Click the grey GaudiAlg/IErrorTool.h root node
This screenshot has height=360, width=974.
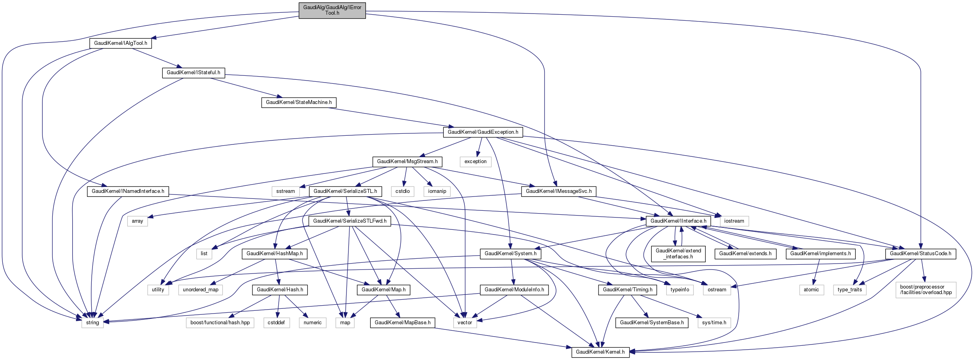pos(332,10)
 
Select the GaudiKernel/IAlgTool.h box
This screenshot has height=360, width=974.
pos(121,43)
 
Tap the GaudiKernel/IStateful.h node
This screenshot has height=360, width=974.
pos(193,73)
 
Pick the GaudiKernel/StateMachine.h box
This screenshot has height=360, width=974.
pos(299,102)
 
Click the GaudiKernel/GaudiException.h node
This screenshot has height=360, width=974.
pos(483,132)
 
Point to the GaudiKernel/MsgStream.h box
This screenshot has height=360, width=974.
pos(407,162)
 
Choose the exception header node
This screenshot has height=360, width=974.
pos(475,162)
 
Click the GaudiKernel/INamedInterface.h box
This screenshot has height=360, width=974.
pos(128,191)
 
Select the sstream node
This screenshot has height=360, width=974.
pos(286,191)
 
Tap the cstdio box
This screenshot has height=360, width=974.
pos(402,191)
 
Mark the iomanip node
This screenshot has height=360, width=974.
pos(437,191)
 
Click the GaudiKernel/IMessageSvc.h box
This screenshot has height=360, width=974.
pos(558,191)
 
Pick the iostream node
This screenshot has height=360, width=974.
pos(734,221)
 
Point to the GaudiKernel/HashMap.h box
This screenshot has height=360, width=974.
pos(275,254)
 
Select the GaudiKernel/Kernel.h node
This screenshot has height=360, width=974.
pos(600,352)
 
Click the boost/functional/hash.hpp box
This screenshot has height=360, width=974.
pos(220,323)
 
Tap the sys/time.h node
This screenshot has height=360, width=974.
pos(714,323)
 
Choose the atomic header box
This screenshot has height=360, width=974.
pos(811,290)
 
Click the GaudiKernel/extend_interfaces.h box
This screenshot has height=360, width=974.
pos(678,254)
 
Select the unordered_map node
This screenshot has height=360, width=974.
pos(200,290)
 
